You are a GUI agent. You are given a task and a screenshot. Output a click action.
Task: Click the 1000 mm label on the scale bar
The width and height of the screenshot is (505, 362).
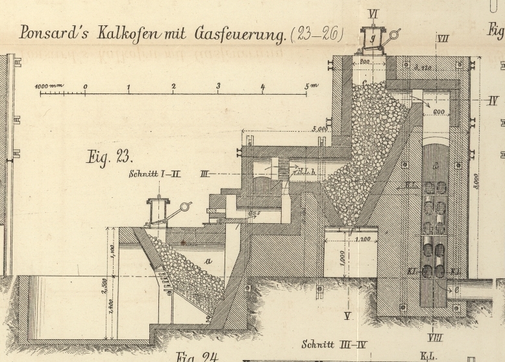(x=49, y=86)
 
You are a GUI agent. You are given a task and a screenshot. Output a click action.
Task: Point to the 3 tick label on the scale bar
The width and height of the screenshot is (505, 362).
(x=218, y=86)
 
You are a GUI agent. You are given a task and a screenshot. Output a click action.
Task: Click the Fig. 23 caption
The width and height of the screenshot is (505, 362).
(x=109, y=156)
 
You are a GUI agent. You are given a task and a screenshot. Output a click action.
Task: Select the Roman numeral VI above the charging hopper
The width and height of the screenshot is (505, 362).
(x=373, y=13)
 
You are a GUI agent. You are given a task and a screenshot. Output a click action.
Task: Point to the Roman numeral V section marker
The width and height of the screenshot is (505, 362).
(x=347, y=316)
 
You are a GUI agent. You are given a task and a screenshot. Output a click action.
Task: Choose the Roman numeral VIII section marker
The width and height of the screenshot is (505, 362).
(x=436, y=337)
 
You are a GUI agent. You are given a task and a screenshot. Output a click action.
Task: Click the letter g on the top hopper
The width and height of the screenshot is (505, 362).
(x=373, y=37)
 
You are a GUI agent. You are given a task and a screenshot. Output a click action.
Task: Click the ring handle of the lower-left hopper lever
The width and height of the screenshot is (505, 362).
(x=186, y=207)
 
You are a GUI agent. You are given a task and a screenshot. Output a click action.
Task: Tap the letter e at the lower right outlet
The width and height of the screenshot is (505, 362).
(x=456, y=289)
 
